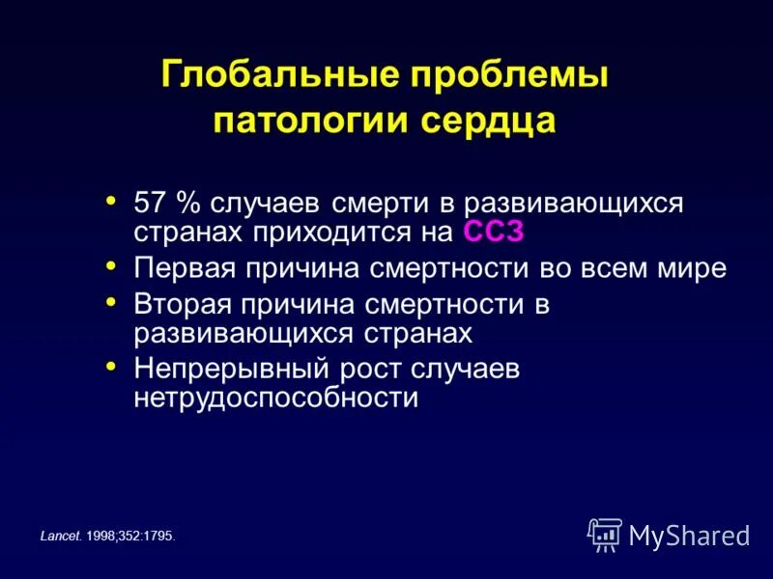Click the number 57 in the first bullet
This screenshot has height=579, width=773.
[149, 205]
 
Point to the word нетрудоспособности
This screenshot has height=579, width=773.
[275, 398]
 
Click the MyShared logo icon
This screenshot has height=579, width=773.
[605, 534]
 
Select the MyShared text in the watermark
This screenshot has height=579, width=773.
[689, 535]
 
